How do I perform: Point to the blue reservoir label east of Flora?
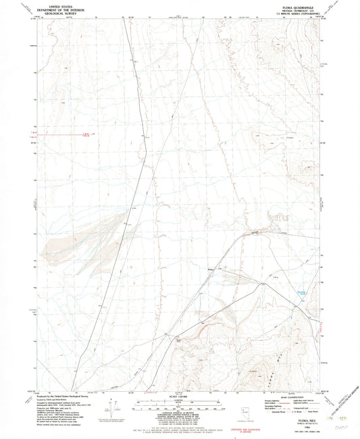coord(301,292)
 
